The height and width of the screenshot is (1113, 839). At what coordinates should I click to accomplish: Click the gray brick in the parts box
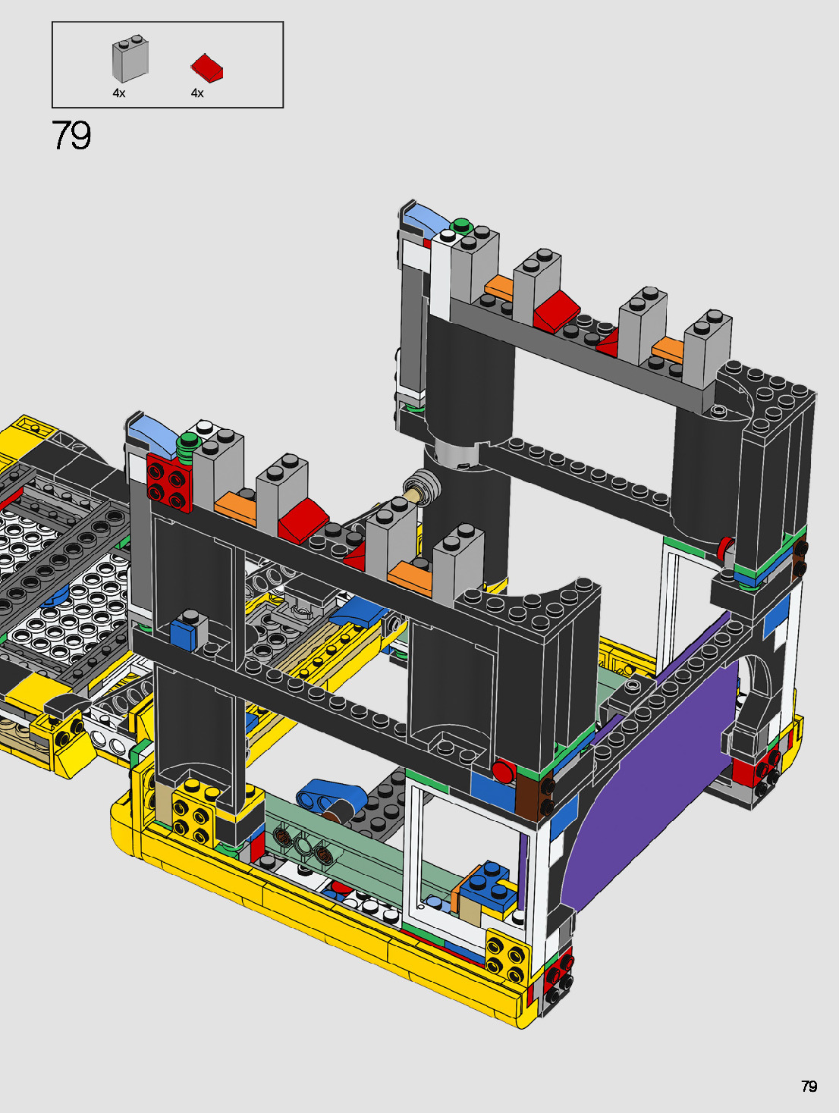coord(130,59)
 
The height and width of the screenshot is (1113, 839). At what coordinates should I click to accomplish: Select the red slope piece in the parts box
coord(207,67)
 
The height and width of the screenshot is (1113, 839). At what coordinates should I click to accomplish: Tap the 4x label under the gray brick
coord(118,93)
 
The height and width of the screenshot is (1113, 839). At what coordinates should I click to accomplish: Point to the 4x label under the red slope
coord(197,93)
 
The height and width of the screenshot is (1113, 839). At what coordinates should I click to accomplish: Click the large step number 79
coord(71,136)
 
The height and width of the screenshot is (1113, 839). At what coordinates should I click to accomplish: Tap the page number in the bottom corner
coord(809,1086)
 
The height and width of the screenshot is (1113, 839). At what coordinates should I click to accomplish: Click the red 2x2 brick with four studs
coord(170,482)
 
